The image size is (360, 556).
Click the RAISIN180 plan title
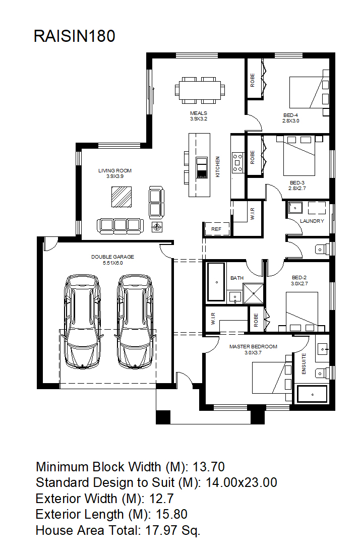75,36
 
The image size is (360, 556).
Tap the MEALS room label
199,113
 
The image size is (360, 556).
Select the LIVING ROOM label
115,170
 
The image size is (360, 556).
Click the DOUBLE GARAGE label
113,257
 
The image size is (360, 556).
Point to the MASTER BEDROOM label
253,346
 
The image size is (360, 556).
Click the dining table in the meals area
200,90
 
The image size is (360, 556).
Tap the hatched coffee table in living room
122,197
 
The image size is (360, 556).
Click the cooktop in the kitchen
237,163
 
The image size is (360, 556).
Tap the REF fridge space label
216,229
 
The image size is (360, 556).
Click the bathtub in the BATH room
216,282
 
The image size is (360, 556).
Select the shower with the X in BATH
254,293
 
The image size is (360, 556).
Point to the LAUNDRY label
312,221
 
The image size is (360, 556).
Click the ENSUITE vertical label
304,363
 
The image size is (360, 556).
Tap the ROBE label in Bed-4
253,80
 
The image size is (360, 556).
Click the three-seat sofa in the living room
120,226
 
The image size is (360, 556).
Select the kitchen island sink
202,168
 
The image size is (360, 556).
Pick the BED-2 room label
299,278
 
